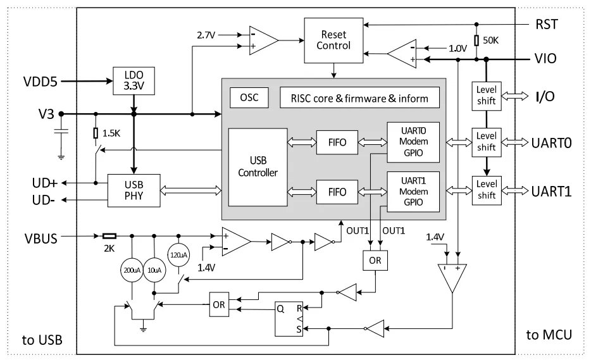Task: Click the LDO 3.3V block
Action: click(134, 81)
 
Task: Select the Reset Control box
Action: click(333, 40)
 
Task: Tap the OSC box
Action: click(249, 97)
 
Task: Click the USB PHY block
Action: click(134, 190)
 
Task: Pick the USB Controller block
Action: click(258, 167)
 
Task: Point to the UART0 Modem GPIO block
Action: click(413, 142)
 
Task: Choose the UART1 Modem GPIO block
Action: click(413, 192)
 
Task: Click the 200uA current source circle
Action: click(132, 270)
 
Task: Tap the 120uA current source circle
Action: click(178, 255)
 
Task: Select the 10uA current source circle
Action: click(154, 270)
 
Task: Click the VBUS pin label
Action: click(41, 239)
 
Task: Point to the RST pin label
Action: click(546, 25)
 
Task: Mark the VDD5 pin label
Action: click(40, 82)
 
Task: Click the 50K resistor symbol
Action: click(476, 40)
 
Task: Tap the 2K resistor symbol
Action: click(109, 236)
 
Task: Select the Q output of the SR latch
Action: click(280, 309)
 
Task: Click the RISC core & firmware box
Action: click(359, 97)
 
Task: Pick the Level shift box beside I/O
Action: click(487, 96)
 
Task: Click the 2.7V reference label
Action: click(206, 35)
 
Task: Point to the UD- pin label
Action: click(44, 200)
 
